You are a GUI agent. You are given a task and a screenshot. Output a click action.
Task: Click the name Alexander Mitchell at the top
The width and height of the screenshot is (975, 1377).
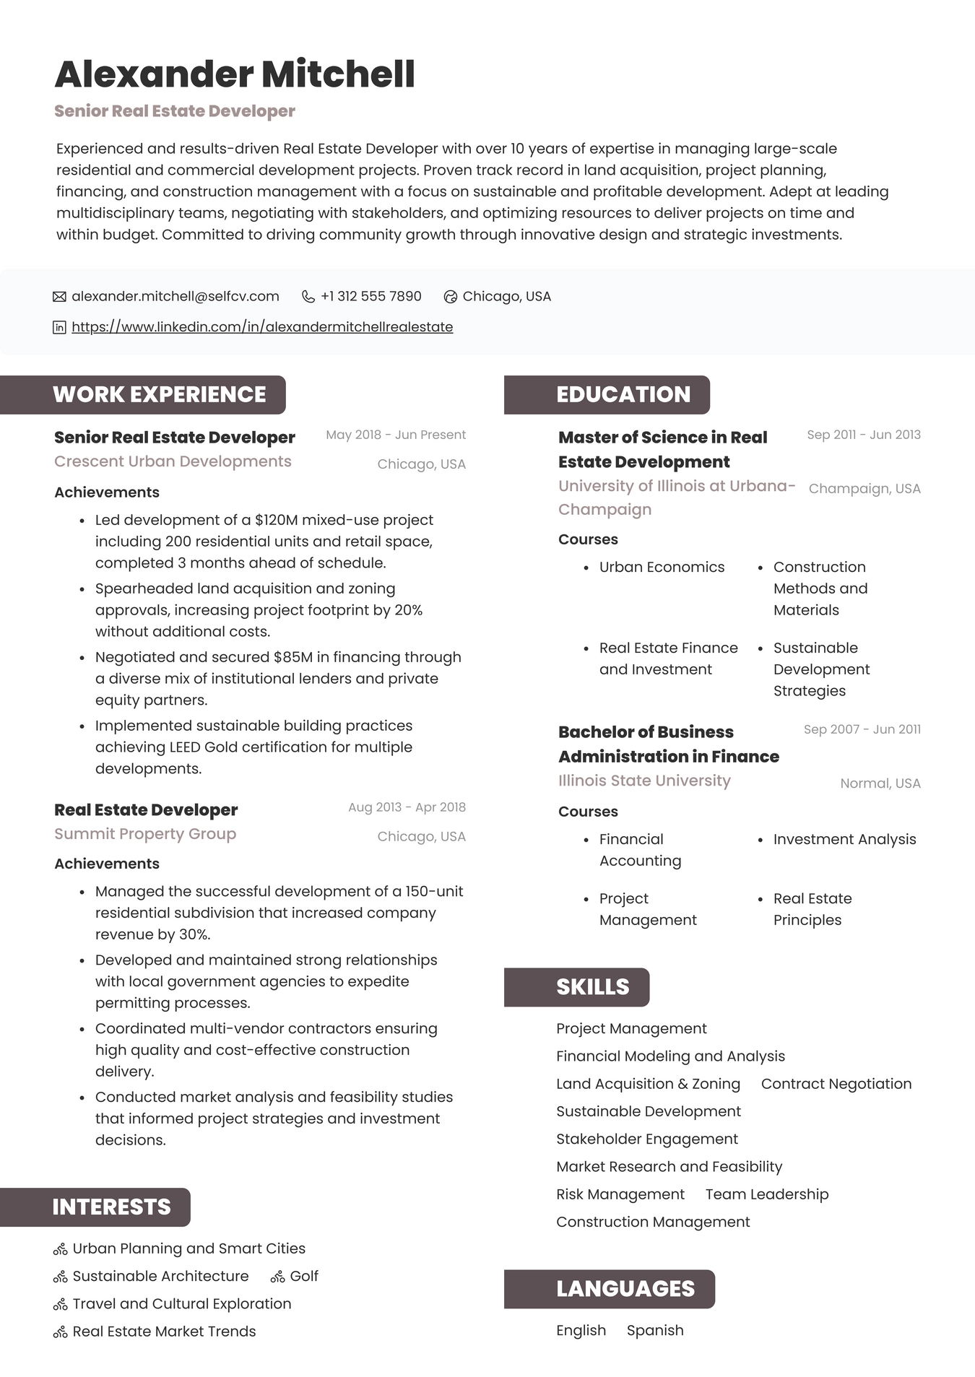point(235,74)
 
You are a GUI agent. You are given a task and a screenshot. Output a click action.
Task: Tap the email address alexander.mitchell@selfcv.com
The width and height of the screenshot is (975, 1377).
point(175,296)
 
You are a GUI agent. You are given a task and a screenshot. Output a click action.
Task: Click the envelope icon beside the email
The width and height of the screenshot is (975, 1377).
point(60,297)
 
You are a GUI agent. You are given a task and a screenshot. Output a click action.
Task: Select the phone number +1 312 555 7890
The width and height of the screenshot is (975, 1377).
point(370,296)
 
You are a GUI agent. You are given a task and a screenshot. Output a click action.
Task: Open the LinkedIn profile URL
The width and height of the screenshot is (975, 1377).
point(262,327)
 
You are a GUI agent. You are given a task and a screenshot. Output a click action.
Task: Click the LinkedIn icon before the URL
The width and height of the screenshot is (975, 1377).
point(60,327)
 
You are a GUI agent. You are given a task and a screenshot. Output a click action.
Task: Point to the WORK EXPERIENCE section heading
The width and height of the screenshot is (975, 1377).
point(159,394)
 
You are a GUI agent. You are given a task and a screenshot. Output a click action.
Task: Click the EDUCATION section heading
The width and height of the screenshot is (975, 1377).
point(623,394)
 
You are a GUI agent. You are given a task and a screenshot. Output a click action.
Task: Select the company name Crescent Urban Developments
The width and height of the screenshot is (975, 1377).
point(173,461)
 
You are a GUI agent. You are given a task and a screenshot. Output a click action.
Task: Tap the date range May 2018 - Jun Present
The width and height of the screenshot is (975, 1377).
point(395,435)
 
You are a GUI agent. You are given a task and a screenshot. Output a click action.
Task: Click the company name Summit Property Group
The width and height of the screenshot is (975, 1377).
point(145,834)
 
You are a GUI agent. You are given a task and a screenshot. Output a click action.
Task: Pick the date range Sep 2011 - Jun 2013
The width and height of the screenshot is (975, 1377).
point(863,435)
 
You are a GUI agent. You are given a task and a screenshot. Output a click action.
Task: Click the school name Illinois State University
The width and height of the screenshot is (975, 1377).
point(644,781)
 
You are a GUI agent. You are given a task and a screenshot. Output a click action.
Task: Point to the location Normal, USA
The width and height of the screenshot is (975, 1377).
point(880,783)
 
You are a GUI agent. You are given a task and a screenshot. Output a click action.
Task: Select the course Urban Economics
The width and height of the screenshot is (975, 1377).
point(662,568)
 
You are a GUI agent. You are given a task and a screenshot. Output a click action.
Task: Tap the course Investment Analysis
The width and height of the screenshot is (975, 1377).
point(844,840)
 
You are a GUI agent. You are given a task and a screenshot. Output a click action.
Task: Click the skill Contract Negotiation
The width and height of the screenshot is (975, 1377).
point(836,1084)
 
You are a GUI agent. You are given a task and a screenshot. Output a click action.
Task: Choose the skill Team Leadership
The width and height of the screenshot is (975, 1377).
point(766,1194)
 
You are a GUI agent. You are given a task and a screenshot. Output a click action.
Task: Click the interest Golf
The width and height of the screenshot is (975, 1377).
point(303,1277)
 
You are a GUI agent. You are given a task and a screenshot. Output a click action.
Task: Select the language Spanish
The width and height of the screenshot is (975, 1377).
point(654,1331)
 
